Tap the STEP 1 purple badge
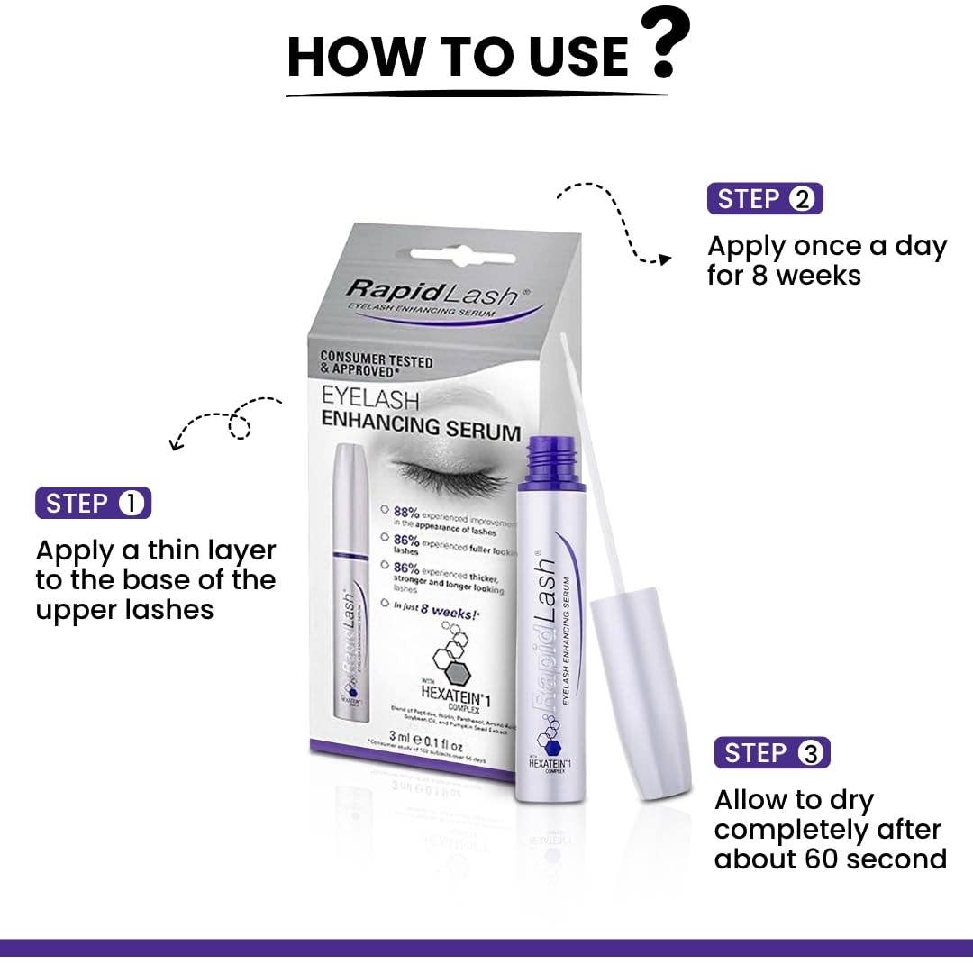point(93,504)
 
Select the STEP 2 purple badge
point(765,199)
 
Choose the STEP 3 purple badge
point(772,753)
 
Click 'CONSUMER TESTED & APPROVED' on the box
point(377,363)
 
